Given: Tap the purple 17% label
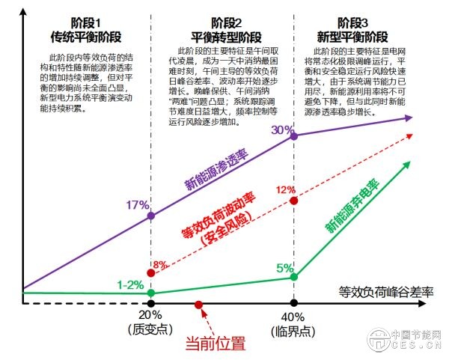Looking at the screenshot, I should [138, 205].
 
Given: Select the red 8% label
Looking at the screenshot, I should [159, 265].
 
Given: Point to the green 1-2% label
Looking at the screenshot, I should [131, 285].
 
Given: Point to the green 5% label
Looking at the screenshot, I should [285, 268].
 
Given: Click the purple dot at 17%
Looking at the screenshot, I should [152, 216].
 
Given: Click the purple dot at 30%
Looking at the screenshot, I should [294, 137].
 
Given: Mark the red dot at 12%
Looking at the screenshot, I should [294, 201].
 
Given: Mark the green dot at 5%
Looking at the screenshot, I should [294, 277].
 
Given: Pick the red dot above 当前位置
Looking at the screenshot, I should [199, 303].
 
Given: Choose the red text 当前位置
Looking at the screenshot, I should [216, 345].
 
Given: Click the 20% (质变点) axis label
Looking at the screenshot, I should [151, 323].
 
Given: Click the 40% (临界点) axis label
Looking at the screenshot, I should [293, 323].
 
